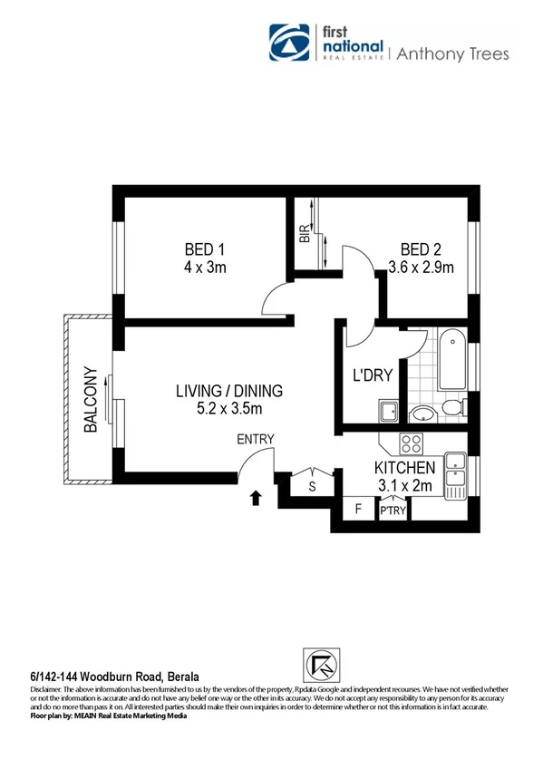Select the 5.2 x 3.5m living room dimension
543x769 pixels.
[229, 409]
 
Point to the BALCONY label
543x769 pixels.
[90, 400]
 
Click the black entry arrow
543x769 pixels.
[257, 497]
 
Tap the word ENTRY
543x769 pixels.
[255, 440]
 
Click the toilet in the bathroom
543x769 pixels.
[422, 414]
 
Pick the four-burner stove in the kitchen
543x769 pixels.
[411, 444]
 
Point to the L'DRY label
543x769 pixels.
[372, 375]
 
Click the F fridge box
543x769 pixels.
[358, 510]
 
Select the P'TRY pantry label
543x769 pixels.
[393, 511]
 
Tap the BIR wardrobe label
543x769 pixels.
[305, 234]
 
